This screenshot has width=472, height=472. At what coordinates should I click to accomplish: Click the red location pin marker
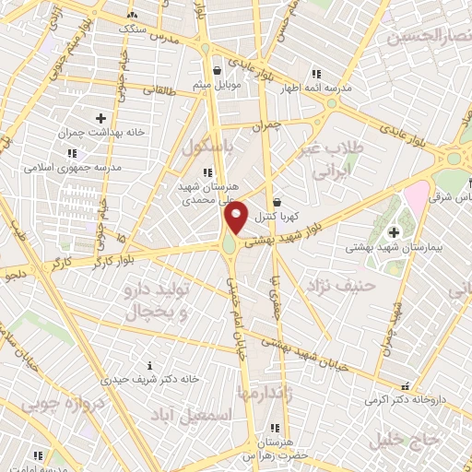(236, 218)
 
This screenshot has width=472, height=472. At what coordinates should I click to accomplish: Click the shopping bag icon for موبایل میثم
(217, 69)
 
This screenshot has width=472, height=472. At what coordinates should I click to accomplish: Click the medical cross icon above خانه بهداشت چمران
(100, 118)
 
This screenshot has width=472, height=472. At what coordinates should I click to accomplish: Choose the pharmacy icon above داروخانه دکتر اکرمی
(403, 388)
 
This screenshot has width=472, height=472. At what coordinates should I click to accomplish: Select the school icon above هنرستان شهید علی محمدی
(208, 171)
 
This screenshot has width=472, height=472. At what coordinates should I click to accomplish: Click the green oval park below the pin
(227, 244)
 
